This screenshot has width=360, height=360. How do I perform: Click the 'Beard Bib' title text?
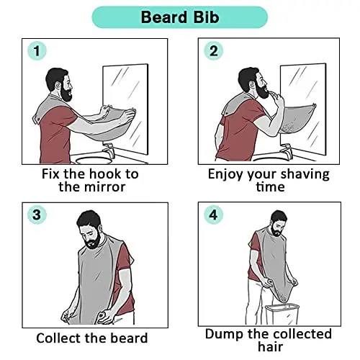pyautogui.click(x=180, y=17)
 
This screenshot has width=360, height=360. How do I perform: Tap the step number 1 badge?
pyautogui.click(x=37, y=51)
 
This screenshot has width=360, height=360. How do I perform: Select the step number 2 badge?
pyautogui.click(x=213, y=51)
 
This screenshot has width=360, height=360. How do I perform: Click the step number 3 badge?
pyautogui.click(x=37, y=215)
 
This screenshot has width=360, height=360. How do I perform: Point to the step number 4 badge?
pyautogui.click(x=213, y=215)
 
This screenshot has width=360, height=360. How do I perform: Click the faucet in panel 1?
pyautogui.click(x=108, y=149)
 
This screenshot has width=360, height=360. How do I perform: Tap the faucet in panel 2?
pyautogui.click(x=286, y=150)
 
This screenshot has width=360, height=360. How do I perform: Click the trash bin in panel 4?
pyautogui.click(x=282, y=314)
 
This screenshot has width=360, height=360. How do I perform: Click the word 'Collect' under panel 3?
pyautogui.click(x=58, y=338)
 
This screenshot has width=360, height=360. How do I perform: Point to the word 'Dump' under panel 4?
pyautogui.click(x=224, y=335)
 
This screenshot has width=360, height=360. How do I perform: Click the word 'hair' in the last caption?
pyautogui.click(x=271, y=346)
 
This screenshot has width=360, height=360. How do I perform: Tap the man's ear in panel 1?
pyautogui.click(x=58, y=86)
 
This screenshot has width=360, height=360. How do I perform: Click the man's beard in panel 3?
pyautogui.click(x=93, y=242)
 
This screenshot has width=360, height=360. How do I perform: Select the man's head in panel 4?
pyautogui.click(x=279, y=222)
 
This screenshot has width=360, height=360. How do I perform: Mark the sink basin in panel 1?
pyautogui.click(x=94, y=160)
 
